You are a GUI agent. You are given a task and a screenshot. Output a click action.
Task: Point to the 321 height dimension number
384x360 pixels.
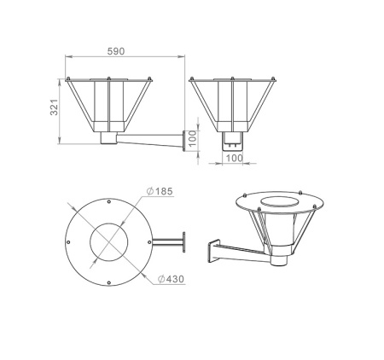pyautogui.click(x=53, y=107)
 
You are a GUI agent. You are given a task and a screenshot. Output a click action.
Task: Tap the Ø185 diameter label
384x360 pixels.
pyautogui.click(x=162, y=191)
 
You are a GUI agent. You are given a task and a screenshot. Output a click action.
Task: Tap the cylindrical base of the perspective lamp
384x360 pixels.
pyautogui.click(x=278, y=252)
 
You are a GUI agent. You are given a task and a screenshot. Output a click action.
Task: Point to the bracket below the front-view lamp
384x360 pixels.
pyautogui.click(x=232, y=141)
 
